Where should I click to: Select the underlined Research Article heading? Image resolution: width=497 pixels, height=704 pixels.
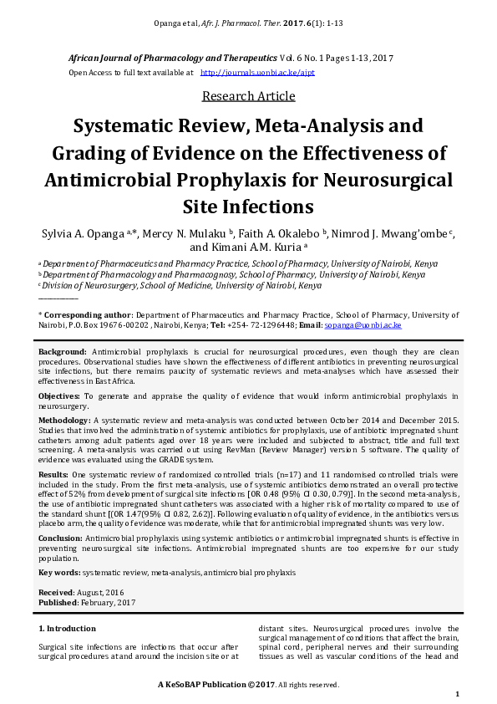click(248, 95)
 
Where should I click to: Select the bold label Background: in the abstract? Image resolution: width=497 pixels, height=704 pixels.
click(63, 353)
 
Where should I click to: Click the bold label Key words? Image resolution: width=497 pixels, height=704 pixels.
click(59, 572)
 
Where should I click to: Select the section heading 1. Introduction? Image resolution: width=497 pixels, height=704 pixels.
click(68, 628)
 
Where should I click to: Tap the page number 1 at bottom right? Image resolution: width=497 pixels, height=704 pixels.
click(457, 694)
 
